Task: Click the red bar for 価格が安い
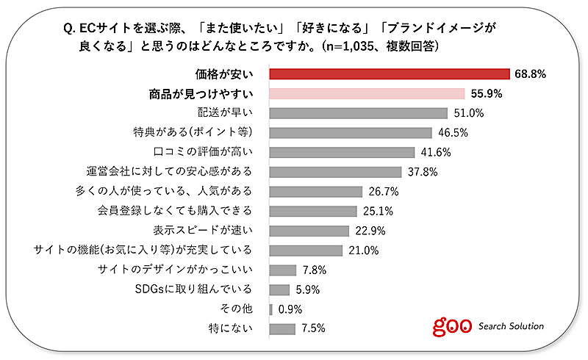coord(390,73)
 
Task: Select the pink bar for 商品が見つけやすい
coord(367,93)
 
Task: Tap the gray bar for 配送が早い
coord(358,113)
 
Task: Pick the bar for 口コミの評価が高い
coord(342,152)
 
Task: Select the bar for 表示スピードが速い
coord(309,231)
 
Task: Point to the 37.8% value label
coord(422,172)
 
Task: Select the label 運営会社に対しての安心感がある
coord(170,172)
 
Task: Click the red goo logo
coord(451,325)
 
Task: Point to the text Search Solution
coord(512,326)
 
